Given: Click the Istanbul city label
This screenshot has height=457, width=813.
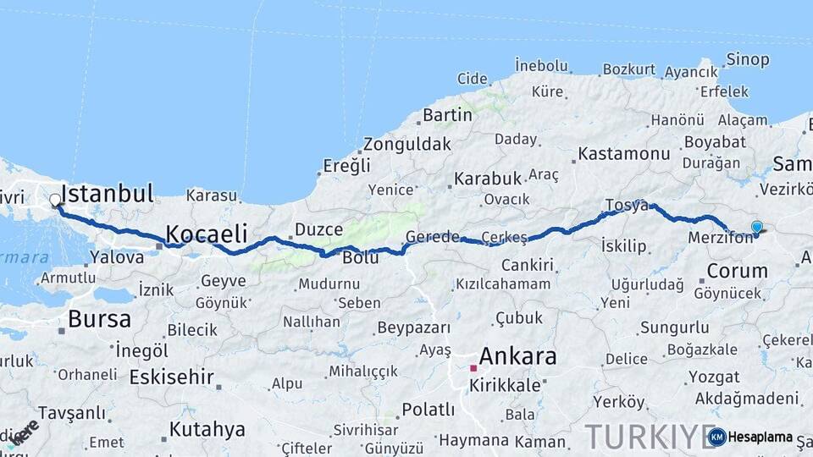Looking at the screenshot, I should pos(108,194).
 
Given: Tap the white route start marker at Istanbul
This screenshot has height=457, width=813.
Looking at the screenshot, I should pos(56,201).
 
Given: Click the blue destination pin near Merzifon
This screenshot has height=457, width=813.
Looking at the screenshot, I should pos(756,227).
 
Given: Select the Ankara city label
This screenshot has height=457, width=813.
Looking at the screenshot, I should pos(517,355).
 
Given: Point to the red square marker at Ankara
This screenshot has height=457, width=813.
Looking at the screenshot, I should pos(474,367).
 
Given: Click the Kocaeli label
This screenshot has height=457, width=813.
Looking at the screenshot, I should pos(206,234).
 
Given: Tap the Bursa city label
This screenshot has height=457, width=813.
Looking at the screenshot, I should pos(99,319).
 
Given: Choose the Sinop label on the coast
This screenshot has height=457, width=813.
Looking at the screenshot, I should pos(748,59).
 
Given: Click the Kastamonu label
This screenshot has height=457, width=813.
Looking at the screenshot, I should pos(624,154).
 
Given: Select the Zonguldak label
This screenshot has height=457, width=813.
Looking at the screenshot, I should pos(406,144).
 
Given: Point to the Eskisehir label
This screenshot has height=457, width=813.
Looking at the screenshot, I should pos(171,377).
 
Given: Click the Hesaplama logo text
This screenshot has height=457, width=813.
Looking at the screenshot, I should pos(760,437).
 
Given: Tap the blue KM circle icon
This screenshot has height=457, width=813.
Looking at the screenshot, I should pos(717,437).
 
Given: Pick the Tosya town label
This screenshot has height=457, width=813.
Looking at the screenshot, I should pos(626,205).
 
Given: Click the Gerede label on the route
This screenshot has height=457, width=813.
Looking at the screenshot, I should pos(432,237).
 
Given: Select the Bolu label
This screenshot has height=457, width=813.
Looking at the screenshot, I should pos(360,257).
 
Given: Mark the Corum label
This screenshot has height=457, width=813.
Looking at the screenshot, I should pos(737,272).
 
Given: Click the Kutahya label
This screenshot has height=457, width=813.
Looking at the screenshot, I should pos(207,430).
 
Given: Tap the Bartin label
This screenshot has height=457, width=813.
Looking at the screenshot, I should pos(447,114).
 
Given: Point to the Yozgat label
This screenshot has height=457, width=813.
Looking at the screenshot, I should pos(713,377).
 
